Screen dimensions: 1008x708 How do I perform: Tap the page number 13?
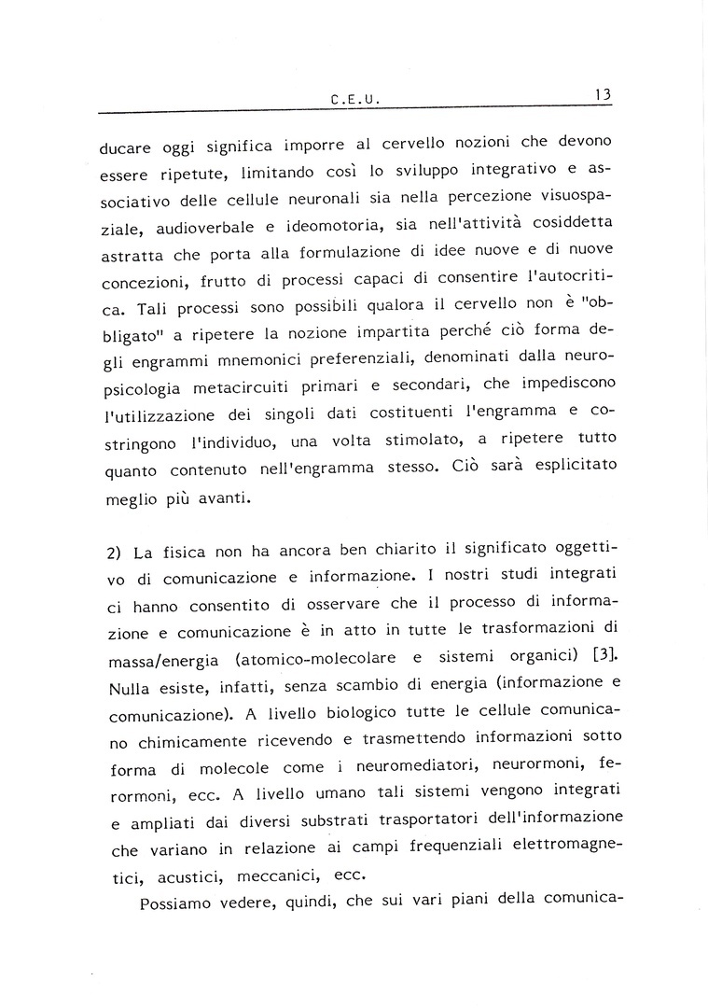pos(600,94)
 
